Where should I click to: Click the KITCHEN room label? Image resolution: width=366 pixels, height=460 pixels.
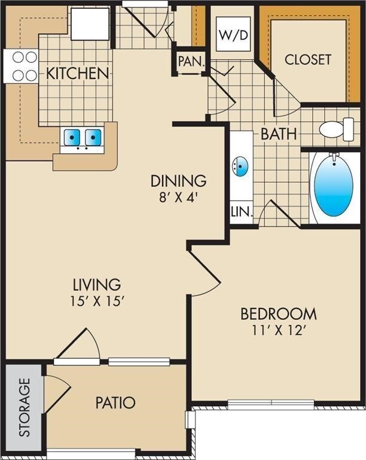pos(78,74)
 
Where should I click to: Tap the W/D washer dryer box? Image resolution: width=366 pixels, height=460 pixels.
pos(233,35)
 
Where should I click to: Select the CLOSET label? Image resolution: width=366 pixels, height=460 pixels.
pos(307,59)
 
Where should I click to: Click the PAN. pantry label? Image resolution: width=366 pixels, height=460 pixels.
pos(191,61)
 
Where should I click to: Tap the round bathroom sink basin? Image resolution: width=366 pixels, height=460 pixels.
pos(240,167)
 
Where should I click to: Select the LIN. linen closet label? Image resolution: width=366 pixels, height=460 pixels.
pos(242,211)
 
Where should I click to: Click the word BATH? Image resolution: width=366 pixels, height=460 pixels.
pos(278,134)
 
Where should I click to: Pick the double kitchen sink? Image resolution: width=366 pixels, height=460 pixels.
pos(83,138)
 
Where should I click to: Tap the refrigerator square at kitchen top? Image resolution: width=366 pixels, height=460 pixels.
pos(90,23)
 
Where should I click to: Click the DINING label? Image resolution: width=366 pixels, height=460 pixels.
pos(178,180)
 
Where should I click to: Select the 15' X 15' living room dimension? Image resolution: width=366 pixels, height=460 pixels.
pos(97,301)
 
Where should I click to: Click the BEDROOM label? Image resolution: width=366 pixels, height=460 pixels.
pos(278,313)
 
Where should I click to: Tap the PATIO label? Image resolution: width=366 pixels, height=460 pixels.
pos(115,402)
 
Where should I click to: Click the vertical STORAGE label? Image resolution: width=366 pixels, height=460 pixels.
pos(24,407)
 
